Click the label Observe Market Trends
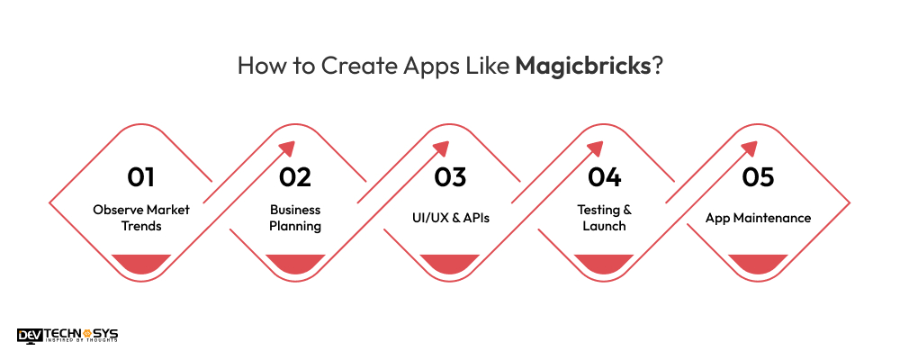[140, 218]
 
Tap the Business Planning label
[295, 218]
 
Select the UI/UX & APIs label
[449, 218]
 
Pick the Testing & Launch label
[604, 218]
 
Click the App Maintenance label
[758, 218]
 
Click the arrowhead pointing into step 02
[285, 149]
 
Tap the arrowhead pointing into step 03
[440, 149]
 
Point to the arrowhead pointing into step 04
[595, 149]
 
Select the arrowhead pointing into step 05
[749, 149]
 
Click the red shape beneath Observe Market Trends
[140, 263]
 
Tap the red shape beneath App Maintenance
[758, 263]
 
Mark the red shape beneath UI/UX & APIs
[449, 263]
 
